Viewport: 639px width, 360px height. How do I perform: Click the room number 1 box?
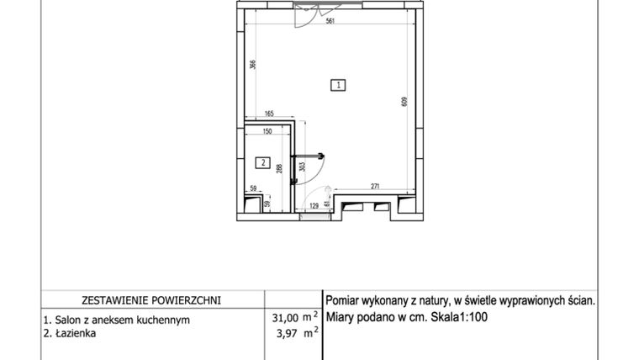pyautogui.click(x=337, y=84)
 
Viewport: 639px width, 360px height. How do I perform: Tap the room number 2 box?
pyautogui.click(x=262, y=163)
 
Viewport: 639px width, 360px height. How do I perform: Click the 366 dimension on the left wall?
pyautogui.click(x=252, y=65)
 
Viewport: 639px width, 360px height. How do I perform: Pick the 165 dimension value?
pyautogui.click(x=270, y=114)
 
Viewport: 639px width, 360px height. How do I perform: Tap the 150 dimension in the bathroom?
pyautogui.click(x=267, y=132)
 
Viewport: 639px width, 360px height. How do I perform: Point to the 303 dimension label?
pyautogui.click(x=301, y=167)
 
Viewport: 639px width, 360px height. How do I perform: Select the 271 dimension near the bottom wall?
pyautogui.click(x=377, y=186)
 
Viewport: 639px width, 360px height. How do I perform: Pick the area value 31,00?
pyautogui.click(x=285, y=317)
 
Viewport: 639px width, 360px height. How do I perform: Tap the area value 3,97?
pyautogui.click(x=288, y=334)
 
